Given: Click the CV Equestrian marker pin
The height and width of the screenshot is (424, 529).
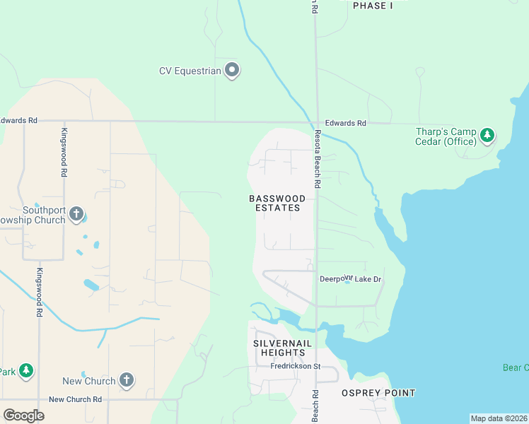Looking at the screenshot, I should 232,70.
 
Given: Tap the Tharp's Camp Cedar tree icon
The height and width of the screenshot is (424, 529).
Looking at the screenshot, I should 487,134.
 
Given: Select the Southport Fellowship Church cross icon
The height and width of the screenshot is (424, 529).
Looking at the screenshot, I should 76,213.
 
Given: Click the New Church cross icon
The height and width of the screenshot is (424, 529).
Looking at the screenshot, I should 127,380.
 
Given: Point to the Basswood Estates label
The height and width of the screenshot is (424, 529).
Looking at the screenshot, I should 277,204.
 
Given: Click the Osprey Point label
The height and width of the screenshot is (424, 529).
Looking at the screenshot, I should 378,393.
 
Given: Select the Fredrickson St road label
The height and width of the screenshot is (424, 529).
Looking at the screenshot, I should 296,366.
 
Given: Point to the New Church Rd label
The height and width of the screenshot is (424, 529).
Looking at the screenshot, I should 75,399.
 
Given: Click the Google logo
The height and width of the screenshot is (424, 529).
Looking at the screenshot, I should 24,416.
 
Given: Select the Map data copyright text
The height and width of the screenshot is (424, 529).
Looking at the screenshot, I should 499,418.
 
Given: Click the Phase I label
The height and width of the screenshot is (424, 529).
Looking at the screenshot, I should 373,6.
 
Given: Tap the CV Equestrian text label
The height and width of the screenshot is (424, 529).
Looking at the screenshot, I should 190,70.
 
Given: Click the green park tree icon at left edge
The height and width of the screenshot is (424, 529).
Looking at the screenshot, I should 25,370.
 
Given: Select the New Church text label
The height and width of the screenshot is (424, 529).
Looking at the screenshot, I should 89,381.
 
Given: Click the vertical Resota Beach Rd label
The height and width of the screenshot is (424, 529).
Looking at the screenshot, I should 318,159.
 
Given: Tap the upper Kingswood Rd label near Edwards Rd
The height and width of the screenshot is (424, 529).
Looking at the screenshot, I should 64,153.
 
